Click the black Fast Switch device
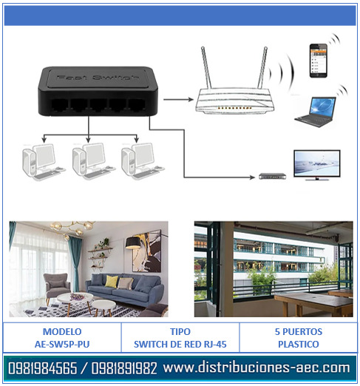pos(98,91)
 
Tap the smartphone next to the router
pos(318,61)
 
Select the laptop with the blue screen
pos(316,112)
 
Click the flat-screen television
pos(317,165)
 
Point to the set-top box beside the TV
pos(273,176)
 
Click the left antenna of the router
pos(206,68)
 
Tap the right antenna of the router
pos(262,68)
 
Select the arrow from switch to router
pos(178,99)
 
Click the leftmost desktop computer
pos(44,162)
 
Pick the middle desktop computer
pos(94,161)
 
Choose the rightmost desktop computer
pos(143,161)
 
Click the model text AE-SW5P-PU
pos(62,344)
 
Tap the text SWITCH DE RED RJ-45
pos(180,344)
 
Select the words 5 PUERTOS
pos(299,331)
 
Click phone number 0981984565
pos(43,368)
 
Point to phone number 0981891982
pos(124,368)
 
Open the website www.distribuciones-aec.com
pos(257,368)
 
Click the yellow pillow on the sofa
pos(112,282)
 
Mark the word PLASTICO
pos(299,344)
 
